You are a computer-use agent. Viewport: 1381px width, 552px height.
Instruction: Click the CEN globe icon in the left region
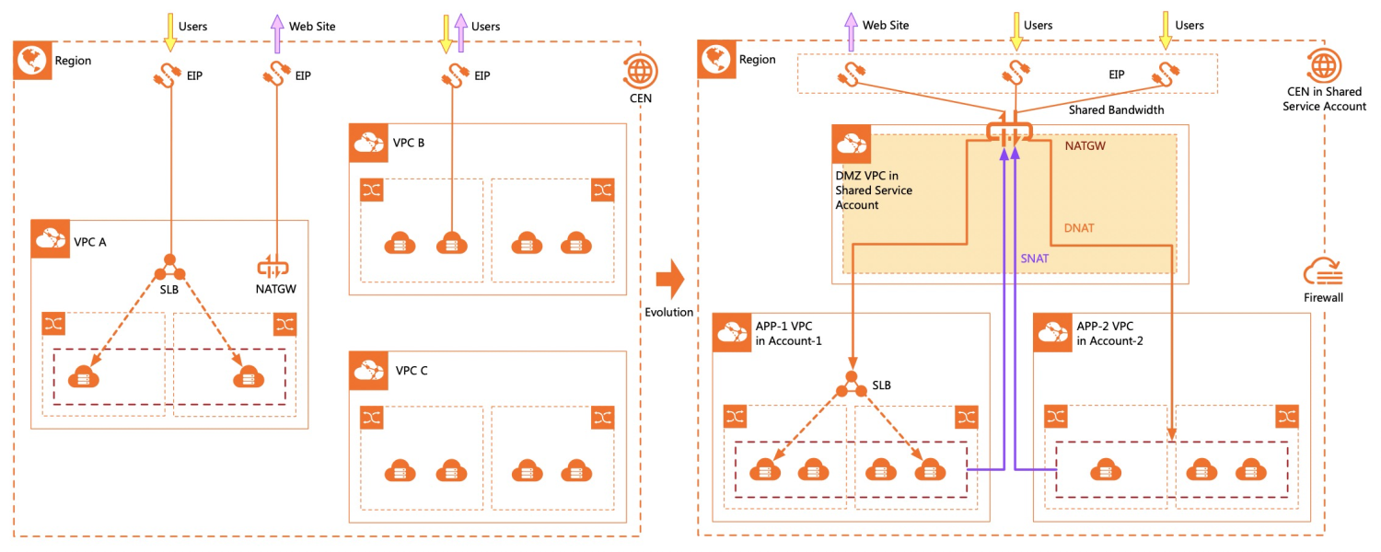pyautogui.click(x=640, y=72)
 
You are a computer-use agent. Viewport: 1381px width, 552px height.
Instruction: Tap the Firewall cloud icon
pyautogui.click(x=1323, y=272)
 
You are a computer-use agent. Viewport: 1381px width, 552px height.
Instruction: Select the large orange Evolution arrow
pyautogui.click(x=670, y=279)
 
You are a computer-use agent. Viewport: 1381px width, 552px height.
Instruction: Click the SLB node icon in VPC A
pyautogui.click(x=169, y=268)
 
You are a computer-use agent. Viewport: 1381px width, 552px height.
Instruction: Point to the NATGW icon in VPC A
pyautogui.click(x=273, y=268)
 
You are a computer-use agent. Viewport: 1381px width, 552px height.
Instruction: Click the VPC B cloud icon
pyautogui.click(x=368, y=143)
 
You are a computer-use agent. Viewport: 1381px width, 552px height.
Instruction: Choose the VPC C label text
pyautogui.click(x=412, y=371)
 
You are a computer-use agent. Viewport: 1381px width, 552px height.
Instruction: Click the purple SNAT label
pyautogui.click(x=1035, y=259)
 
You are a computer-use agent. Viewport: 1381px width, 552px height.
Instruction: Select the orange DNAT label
pyautogui.click(x=1079, y=228)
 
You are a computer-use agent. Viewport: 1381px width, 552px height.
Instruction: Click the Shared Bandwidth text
pyautogui.click(x=1117, y=109)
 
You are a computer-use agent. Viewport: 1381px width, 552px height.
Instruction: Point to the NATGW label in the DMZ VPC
pyautogui.click(x=1085, y=146)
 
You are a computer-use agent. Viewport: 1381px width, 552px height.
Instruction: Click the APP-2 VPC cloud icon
pyautogui.click(x=1053, y=333)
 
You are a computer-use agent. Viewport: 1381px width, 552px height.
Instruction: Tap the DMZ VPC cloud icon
pyautogui.click(x=852, y=144)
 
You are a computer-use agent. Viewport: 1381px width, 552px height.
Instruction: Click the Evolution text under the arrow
pyautogui.click(x=669, y=313)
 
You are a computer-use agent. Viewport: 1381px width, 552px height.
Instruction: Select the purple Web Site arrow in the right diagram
pyautogui.click(x=851, y=32)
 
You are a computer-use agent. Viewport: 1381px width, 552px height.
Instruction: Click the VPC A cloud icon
pyautogui.click(x=51, y=239)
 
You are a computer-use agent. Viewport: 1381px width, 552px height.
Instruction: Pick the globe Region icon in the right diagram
pyautogui.click(x=716, y=60)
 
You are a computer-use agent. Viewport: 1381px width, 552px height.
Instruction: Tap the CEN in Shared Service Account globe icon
pyautogui.click(x=1324, y=64)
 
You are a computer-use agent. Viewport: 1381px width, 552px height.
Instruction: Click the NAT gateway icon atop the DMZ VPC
pyautogui.click(x=1009, y=131)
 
